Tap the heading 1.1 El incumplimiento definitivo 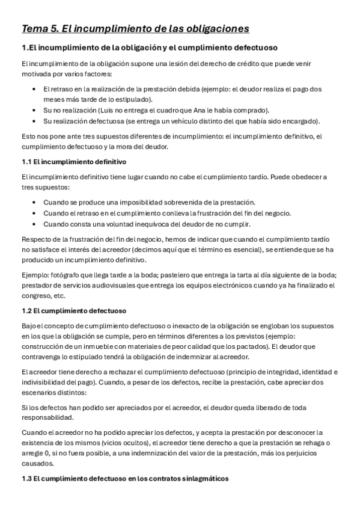tap(73, 162)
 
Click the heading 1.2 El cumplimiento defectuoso tap(73, 311)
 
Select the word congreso tap(36, 296)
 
